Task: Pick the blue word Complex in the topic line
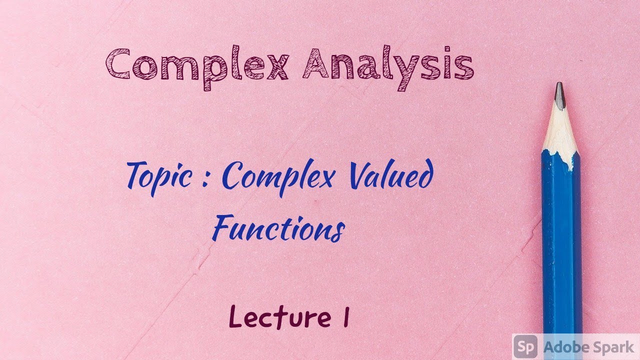pyautogui.click(x=277, y=177)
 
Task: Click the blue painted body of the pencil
pyautogui.click(x=561, y=240)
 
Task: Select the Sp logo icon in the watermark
pyautogui.click(x=525, y=346)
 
